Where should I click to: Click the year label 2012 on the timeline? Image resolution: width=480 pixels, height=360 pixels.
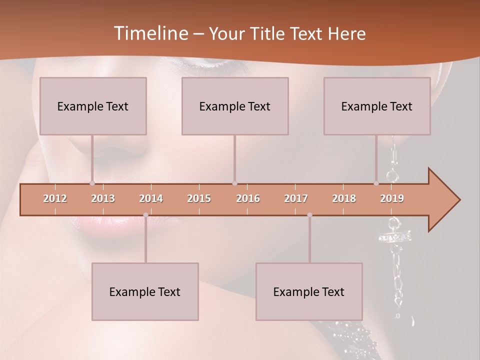55,198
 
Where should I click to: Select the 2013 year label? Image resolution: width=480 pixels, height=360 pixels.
103,198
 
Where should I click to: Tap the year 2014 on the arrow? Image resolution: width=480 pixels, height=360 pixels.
151,198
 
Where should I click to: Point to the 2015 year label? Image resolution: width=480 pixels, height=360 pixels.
199,198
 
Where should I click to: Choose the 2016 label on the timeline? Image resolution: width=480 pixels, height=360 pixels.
248,198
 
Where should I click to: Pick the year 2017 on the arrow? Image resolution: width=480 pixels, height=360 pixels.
296,198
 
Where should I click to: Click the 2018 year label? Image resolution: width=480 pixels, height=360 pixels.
344,198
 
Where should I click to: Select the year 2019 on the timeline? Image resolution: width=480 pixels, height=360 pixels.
392,198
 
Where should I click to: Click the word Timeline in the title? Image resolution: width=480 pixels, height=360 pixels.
149,33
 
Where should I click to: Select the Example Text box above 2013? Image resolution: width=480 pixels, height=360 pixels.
93,106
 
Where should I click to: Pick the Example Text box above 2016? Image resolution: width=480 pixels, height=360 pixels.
235,106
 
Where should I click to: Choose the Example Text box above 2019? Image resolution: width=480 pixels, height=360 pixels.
377,106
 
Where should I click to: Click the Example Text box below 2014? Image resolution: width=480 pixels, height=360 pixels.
145,291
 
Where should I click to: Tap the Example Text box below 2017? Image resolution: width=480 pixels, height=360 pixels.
309,291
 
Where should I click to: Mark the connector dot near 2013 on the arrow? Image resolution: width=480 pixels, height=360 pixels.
92,183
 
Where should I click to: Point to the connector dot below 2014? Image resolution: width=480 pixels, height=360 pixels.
145,215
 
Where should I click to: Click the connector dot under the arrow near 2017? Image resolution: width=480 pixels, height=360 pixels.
309,215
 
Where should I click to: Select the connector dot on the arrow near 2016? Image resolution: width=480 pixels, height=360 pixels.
234,183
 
